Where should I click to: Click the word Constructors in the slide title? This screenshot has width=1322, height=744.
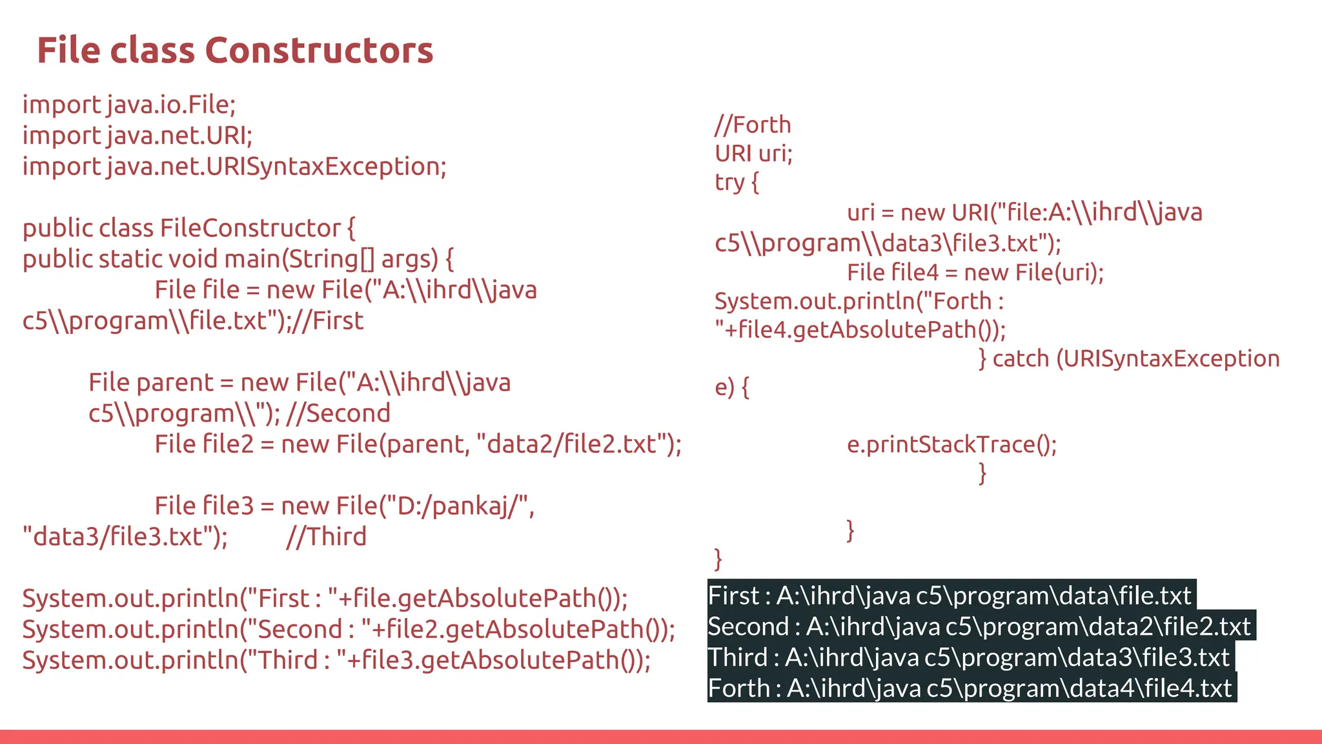pos(319,50)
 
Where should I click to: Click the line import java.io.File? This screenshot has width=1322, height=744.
pos(129,105)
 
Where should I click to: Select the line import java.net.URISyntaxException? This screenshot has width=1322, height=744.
pos(234,167)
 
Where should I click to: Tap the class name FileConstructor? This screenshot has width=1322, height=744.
pos(250,228)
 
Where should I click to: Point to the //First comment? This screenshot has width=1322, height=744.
pos(327,321)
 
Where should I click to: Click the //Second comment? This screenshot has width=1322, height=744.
pos(338,413)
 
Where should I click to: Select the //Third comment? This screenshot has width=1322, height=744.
pos(326,537)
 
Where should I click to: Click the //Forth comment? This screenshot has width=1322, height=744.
pos(753,125)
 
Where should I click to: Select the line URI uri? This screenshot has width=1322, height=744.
pos(753,154)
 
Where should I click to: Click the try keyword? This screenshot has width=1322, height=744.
pos(729,183)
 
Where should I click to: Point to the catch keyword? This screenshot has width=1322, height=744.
pos(1021,358)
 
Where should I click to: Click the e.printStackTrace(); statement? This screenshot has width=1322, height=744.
pos(951,445)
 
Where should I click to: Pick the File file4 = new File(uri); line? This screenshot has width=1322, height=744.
pos(975,273)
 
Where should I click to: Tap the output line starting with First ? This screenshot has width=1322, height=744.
pos(950,595)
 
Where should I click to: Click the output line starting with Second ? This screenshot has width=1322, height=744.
pos(979,626)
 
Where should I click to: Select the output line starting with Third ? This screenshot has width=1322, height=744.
pos(969,657)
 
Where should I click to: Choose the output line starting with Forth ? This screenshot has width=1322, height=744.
pos(970,688)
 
